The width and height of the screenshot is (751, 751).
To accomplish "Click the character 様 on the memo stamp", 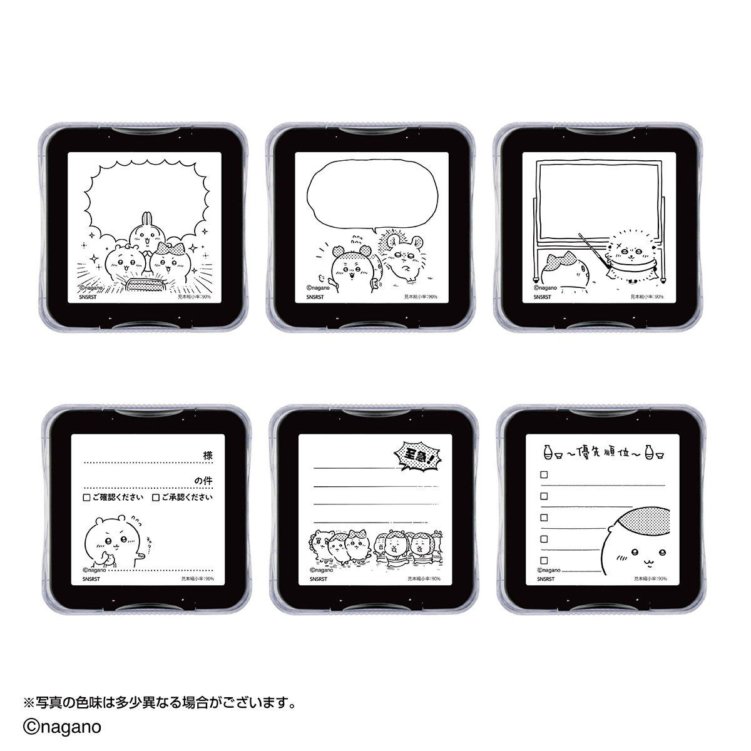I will tap(207, 456).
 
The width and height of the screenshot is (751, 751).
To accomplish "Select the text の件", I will tap(203, 481).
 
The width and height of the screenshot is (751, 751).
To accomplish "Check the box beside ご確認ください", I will tap(86, 498).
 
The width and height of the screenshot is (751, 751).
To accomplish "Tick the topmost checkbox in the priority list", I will tap(543, 475).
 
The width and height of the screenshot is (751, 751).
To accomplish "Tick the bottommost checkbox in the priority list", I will tap(543, 560).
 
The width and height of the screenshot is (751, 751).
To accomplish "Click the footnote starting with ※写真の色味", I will tap(159, 702).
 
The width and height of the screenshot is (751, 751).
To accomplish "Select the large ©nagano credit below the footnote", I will tap(62, 727).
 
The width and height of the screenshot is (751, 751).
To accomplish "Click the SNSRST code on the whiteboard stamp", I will tap(543, 297).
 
